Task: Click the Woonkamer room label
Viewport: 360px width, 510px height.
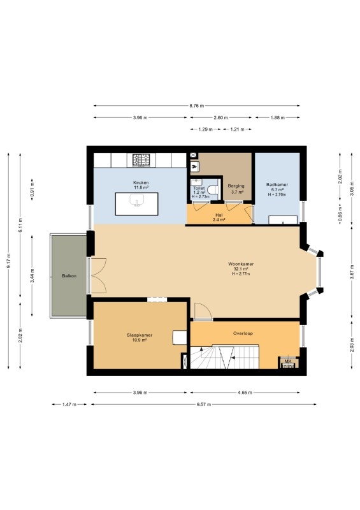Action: tap(241, 264)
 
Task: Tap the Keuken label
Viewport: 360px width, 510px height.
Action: tap(141, 183)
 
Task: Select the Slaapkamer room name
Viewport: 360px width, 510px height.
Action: tap(140, 335)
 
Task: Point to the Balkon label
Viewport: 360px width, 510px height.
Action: tap(69, 276)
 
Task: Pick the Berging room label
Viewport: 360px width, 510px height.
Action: tap(236, 186)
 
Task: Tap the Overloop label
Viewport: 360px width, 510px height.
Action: tap(243, 333)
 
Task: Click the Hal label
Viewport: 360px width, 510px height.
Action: tap(219, 215)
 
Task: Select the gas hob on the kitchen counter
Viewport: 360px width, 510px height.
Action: tap(141, 160)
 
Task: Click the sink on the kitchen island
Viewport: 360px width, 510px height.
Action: tap(137, 200)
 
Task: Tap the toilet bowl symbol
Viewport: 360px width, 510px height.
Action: tap(213, 189)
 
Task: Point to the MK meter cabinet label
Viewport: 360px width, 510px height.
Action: tap(288, 361)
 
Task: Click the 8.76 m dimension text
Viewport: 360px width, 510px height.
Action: tap(197, 106)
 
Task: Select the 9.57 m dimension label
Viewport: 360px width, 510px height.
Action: tap(204, 405)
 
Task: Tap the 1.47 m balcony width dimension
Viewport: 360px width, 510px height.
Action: tap(69, 405)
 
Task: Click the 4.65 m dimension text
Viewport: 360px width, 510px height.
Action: tap(245, 393)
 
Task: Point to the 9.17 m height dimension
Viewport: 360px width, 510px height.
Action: tap(9, 261)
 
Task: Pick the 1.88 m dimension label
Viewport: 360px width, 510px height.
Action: tap(277, 118)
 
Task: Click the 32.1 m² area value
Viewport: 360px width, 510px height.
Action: tap(241, 269)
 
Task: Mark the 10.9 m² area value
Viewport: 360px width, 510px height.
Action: tap(140, 340)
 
